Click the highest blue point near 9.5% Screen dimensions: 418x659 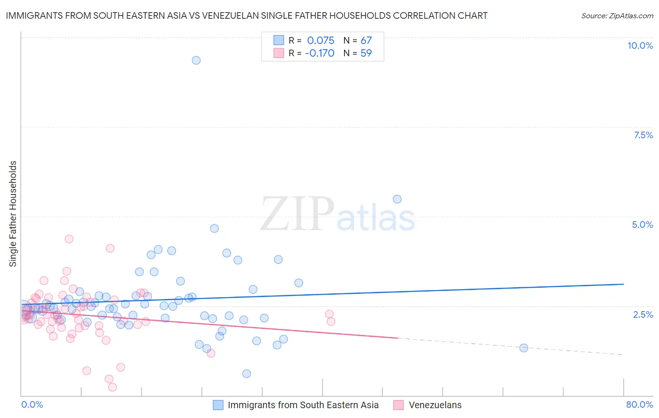[196, 60]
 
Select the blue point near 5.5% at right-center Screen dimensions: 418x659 [397, 199]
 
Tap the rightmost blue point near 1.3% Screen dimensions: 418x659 [524, 348]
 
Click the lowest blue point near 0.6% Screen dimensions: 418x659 [247, 373]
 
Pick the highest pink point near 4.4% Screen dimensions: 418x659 [69, 239]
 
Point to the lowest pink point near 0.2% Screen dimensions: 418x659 [112, 387]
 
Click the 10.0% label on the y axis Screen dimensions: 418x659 [640, 45]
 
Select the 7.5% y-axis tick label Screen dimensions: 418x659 [643, 135]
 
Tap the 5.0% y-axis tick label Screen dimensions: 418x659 [642, 224]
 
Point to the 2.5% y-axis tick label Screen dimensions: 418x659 [643, 314]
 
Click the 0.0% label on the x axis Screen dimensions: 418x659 [32, 404]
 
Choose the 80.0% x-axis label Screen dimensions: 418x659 [639, 404]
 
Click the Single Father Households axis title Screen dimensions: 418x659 [13, 214]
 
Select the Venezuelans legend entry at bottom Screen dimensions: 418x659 [435, 405]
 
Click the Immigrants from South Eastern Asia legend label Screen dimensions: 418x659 [303, 405]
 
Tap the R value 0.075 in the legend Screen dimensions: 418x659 [321, 41]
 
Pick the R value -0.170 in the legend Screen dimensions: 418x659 [319, 53]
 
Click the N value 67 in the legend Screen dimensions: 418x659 [366, 41]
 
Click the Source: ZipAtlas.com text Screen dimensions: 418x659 [617, 16]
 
